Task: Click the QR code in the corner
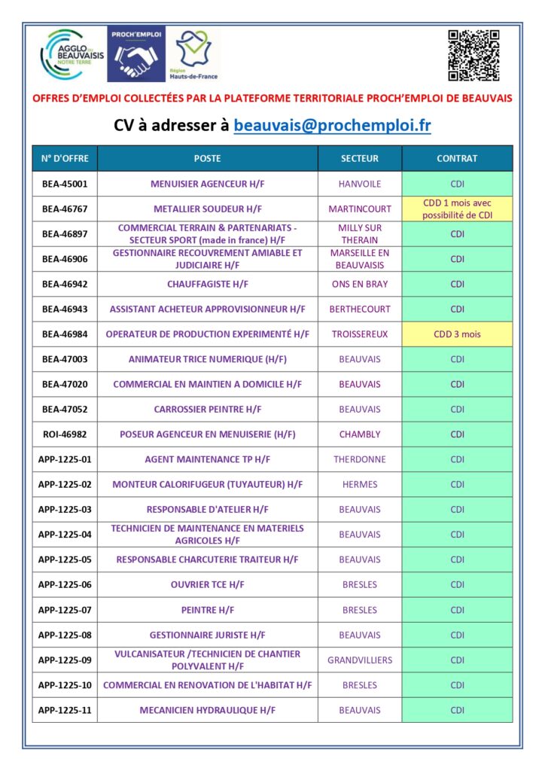[x=473, y=55]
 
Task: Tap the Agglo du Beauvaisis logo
[x=73, y=55]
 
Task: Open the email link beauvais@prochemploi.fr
[x=332, y=125]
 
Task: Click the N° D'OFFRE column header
[x=65, y=159]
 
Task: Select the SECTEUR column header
[x=360, y=159]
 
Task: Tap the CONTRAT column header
[x=457, y=159]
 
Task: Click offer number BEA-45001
[x=65, y=184]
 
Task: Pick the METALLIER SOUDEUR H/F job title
[x=208, y=209]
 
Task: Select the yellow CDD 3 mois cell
[x=457, y=334]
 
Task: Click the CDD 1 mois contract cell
[x=457, y=209]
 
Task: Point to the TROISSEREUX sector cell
[x=360, y=334]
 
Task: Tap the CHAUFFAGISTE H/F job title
[x=208, y=285]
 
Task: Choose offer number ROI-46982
[x=65, y=434]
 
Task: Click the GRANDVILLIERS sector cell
[x=360, y=660]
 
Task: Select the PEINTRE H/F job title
[x=208, y=610]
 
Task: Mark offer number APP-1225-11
[x=65, y=710]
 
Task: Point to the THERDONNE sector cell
[x=360, y=459]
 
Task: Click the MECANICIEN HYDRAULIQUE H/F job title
[x=208, y=710]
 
